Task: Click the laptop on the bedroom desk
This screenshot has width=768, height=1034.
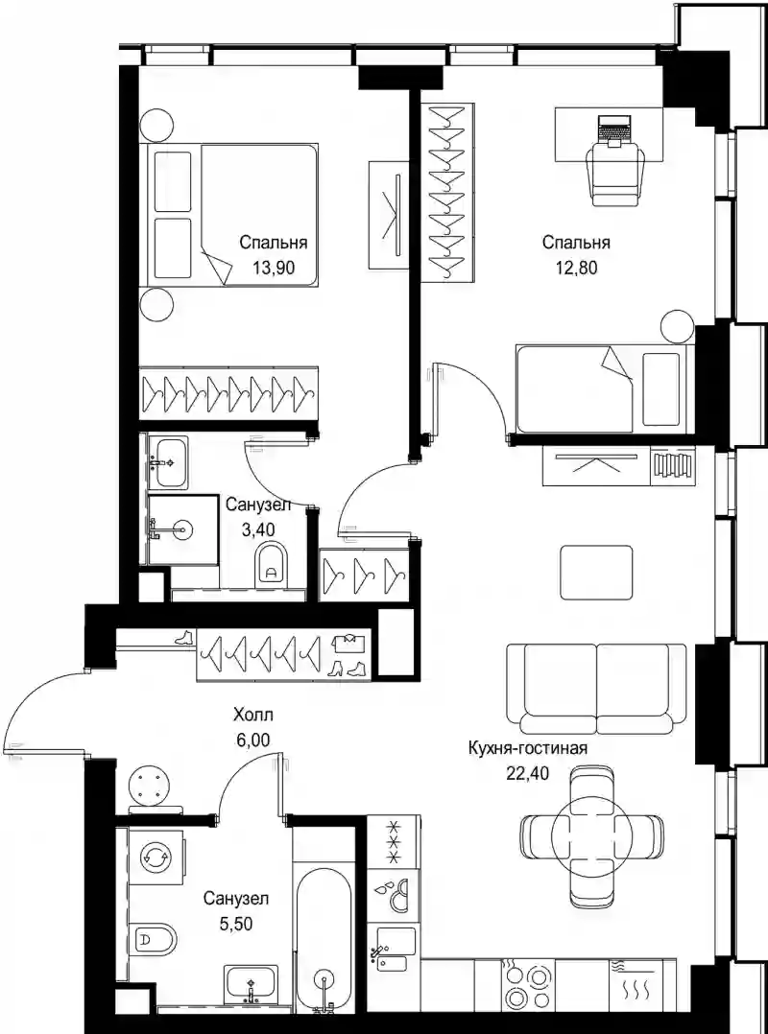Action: pos(615,128)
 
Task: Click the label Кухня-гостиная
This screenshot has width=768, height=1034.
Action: pos(527,748)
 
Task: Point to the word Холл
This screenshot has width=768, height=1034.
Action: pos(252,715)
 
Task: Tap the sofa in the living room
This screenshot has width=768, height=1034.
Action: pos(597,689)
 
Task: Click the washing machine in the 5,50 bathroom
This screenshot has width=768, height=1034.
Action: pos(156,857)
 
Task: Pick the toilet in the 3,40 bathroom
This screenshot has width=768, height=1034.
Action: pos(271,565)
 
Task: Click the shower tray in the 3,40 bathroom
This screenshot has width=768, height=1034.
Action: pos(182,530)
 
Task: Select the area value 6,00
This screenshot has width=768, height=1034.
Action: pos(252,740)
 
